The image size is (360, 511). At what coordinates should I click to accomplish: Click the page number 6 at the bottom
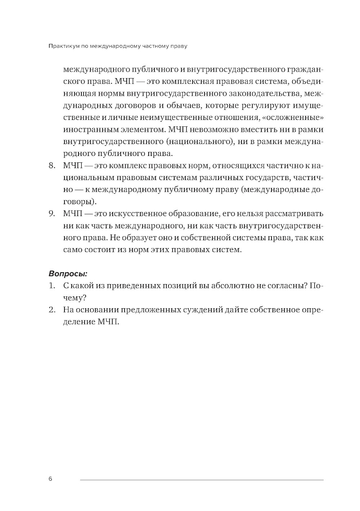pos(50,479)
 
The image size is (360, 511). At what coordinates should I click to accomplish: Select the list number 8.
pos(51,166)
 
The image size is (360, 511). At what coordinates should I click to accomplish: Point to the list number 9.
pos(51,214)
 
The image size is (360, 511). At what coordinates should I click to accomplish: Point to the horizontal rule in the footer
pos(202,480)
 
